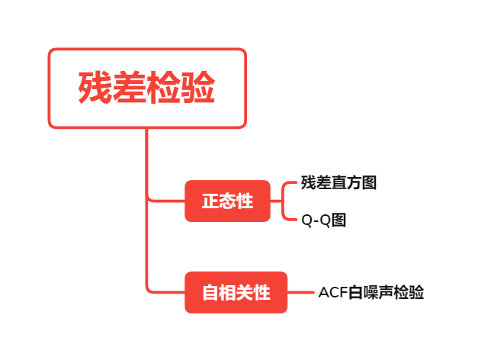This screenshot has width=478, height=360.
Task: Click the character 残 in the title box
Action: [x=95, y=88]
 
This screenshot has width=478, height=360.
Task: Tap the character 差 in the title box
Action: [x=130, y=88]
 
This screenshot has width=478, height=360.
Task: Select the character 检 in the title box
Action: [x=164, y=88]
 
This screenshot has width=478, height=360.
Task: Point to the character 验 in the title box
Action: [x=198, y=88]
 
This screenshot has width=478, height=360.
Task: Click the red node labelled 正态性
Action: [x=227, y=201]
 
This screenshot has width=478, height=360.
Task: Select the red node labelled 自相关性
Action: [x=236, y=292]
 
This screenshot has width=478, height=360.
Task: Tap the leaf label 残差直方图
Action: [x=338, y=183]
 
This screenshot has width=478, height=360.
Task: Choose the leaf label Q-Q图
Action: [x=324, y=220]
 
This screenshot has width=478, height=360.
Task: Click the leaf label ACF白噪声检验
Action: [x=371, y=292]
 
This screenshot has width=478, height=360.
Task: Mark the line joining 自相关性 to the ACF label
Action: [x=302, y=292]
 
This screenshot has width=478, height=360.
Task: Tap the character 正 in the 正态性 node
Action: [x=210, y=201]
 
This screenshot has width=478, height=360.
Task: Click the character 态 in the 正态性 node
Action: [x=227, y=201]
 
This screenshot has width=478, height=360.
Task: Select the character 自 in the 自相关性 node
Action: [x=210, y=292]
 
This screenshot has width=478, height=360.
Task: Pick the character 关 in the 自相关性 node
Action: [x=245, y=292]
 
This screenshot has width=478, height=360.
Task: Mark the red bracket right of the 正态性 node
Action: [x=283, y=201]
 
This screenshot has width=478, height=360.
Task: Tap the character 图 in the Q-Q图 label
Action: [x=339, y=220]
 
